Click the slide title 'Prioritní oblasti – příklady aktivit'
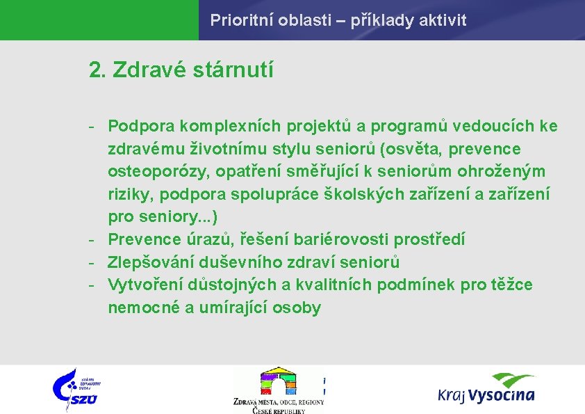[x=338, y=20]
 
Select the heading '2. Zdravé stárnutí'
[x=181, y=70]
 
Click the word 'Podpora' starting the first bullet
[x=141, y=126]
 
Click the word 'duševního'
[x=232, y=262]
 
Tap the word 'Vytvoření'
[x=143, y=285]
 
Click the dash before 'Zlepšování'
[x=91, y=262]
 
